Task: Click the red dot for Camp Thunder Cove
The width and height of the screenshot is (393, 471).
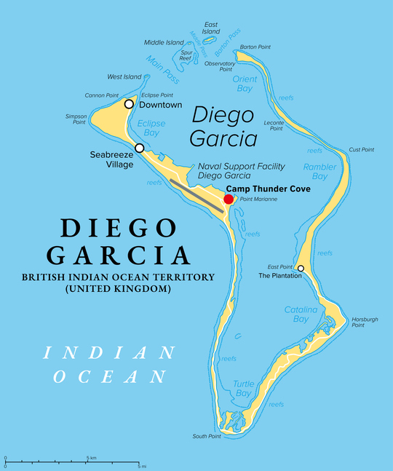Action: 229,199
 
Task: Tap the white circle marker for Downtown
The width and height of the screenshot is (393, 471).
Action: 129,104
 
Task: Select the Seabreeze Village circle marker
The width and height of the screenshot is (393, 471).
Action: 139,148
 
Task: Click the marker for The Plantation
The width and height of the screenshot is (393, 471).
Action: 301,269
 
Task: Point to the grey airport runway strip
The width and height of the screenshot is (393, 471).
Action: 196,196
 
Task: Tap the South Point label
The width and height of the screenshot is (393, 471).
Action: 207,436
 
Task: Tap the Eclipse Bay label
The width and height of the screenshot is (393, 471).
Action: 151,128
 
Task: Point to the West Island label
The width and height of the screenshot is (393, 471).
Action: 124,76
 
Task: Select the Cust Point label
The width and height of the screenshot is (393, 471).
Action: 361,150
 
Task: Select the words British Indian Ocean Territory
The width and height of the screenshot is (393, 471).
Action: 118,277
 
